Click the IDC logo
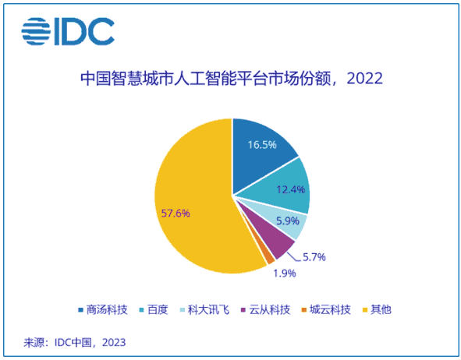pyautogui.click(x=68, y=31)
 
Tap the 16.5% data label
pyautogui.click(x=263, y=145)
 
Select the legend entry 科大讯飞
pyautogui.click(x=207, y=309)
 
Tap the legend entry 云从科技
pyautogui.click(x=264, y=309)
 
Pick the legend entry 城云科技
pyautogui.click(x=321, y=309)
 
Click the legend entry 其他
pyautogui.click(x=374, y=309)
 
